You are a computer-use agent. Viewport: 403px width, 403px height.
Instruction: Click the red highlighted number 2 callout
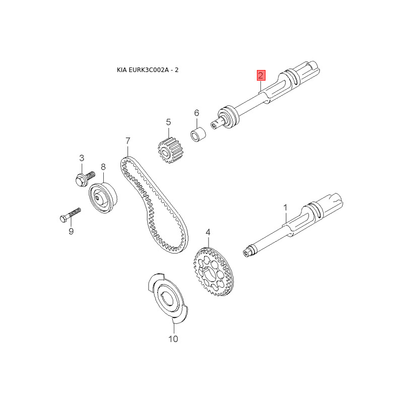point(261,76)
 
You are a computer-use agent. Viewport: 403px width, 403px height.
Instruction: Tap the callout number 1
point(285,207)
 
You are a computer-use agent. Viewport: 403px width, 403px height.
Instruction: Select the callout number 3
point(82,158)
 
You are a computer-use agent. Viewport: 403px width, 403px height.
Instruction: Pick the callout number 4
point(208,233)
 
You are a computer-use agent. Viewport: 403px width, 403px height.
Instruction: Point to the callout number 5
point(168,122)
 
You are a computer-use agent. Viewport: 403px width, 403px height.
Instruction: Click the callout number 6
point(197,113)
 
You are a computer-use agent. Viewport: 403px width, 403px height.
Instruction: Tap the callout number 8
point(103,167)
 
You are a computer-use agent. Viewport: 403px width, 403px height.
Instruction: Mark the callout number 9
point(71,231)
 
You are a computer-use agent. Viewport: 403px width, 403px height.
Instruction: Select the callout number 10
point(173,339)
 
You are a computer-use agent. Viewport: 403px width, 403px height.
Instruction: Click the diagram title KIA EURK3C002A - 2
point(148,70)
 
